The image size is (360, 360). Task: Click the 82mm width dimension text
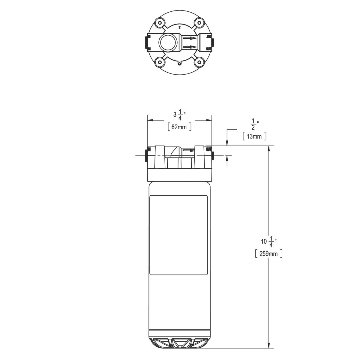point(179,127)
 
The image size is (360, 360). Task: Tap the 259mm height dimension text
point(268,254)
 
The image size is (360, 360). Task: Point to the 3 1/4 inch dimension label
point(179,115)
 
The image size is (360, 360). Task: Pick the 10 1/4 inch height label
point(268,241)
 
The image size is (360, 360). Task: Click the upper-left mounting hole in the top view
point(160,23)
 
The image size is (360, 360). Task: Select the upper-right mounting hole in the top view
point(199,23)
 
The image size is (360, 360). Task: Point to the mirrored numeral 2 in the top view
point(179,27)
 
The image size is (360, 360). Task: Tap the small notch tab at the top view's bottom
point(179,63)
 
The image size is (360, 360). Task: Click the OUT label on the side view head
point(209,149)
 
